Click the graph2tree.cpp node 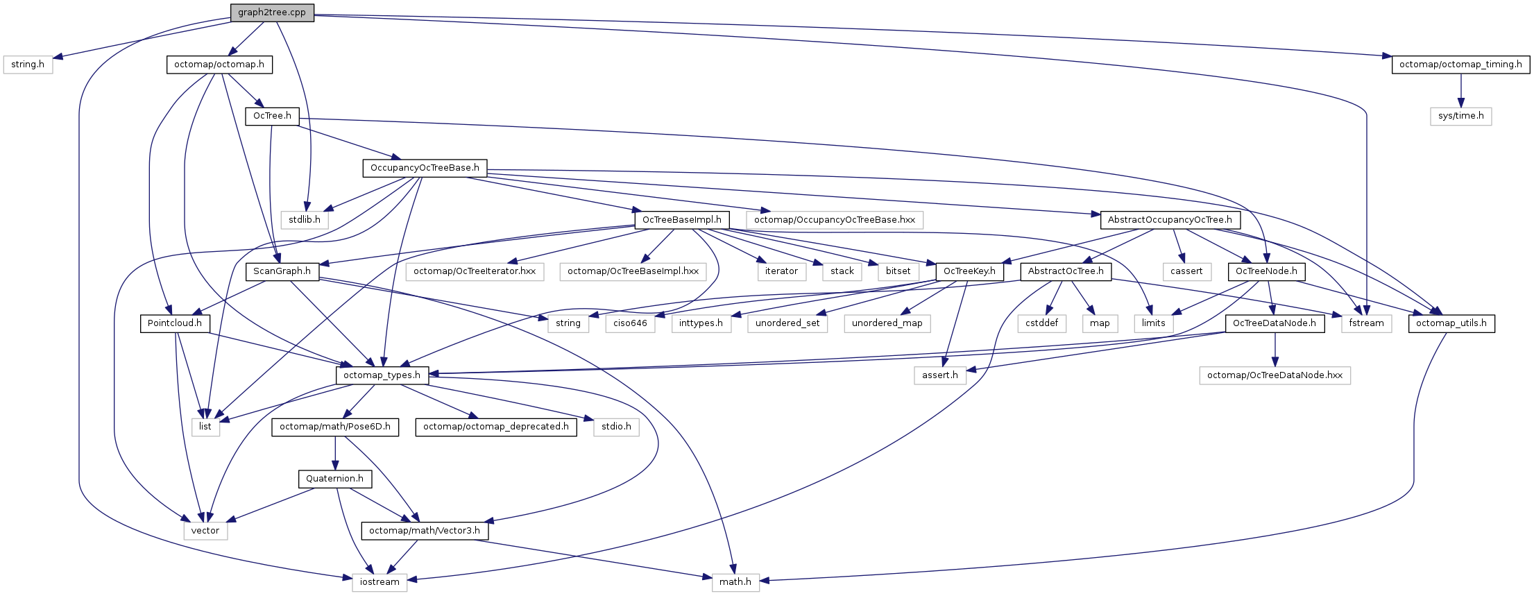pos(272,12)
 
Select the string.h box pos(28,65)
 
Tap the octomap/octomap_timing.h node pos(1460,65)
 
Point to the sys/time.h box pos(1460,116)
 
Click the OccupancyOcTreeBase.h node pos(425,168)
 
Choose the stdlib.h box pos(305,219)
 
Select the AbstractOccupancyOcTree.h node pos(1170,219)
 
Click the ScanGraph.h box pos(282,271)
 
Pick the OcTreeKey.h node pos(969,271)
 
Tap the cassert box pos(1186,271)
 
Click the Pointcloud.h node pos(175,323)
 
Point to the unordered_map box pos(887,323)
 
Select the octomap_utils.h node pos(1451,323)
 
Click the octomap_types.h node pos(382,375)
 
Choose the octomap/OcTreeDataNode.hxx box pos(1275,375)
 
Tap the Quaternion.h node pos(334,479)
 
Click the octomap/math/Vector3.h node pos(425,531)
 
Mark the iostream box pos(380,582)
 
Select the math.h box pos(735,582)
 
